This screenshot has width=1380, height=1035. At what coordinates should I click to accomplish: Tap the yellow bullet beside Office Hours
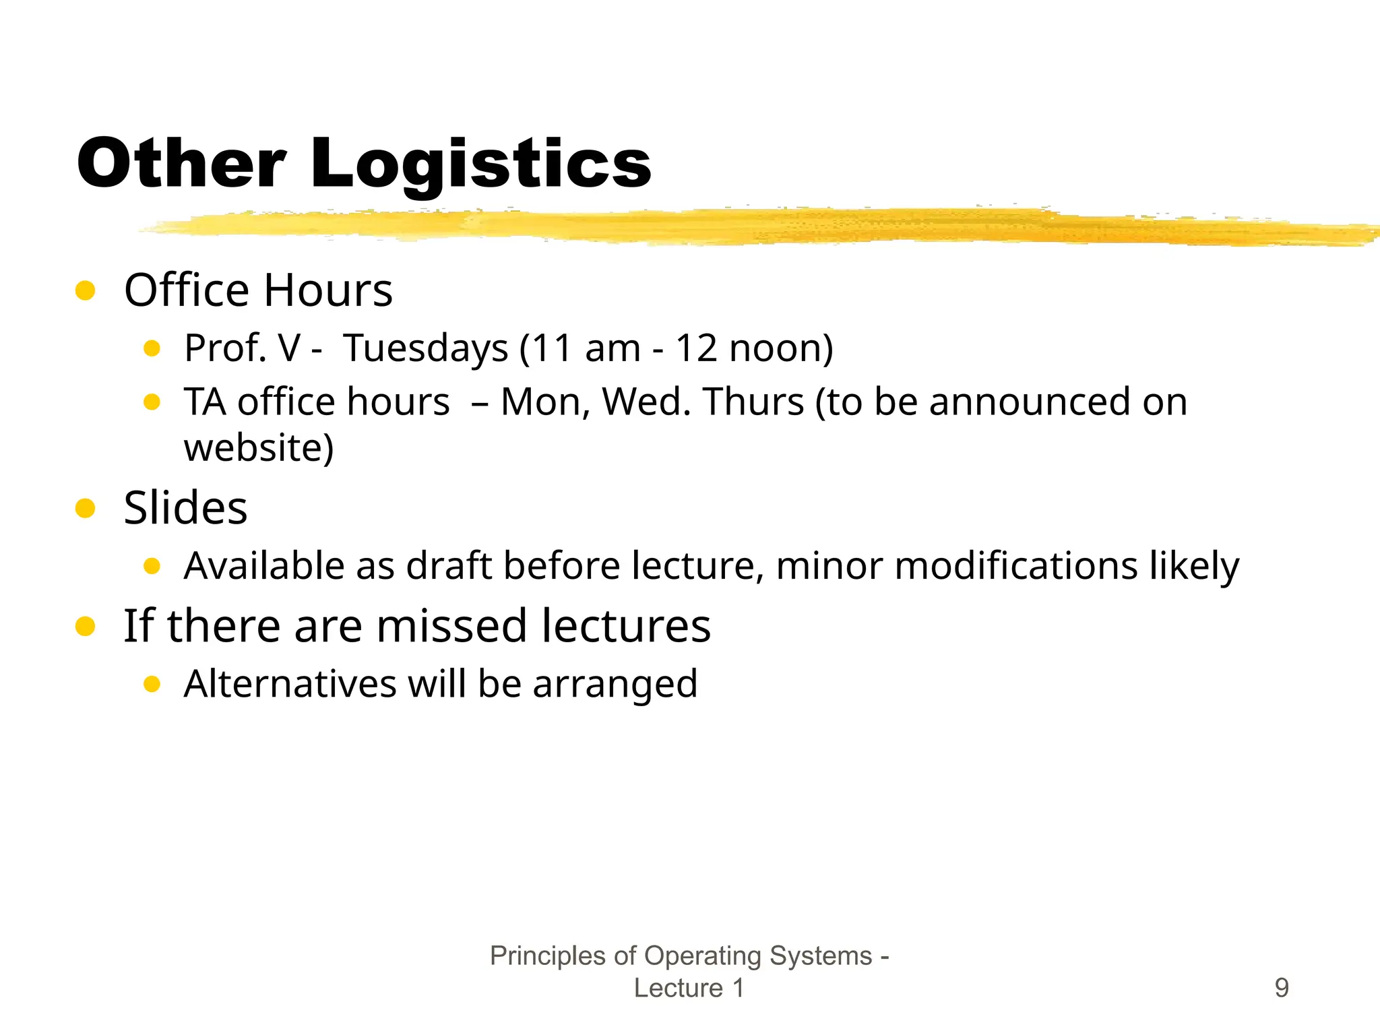(86, 290)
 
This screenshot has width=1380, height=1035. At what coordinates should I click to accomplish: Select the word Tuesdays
(426, 348)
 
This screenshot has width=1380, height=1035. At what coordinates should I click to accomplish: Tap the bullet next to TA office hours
(152, 402)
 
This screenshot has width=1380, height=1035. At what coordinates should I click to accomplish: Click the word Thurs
(753, 402)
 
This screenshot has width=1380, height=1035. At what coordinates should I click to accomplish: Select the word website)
(259, 448)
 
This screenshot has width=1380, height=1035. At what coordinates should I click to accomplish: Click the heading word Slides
(185, 507)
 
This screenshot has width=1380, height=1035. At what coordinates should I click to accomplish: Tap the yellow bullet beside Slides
(86, 508)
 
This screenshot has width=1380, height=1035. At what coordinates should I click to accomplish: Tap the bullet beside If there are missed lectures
(86, 627)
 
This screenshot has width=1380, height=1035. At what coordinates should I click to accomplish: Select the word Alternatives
(290, 684)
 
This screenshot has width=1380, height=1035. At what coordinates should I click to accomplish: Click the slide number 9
(1282, 988)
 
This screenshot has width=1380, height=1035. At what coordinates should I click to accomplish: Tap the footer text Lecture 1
(689, 988)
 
